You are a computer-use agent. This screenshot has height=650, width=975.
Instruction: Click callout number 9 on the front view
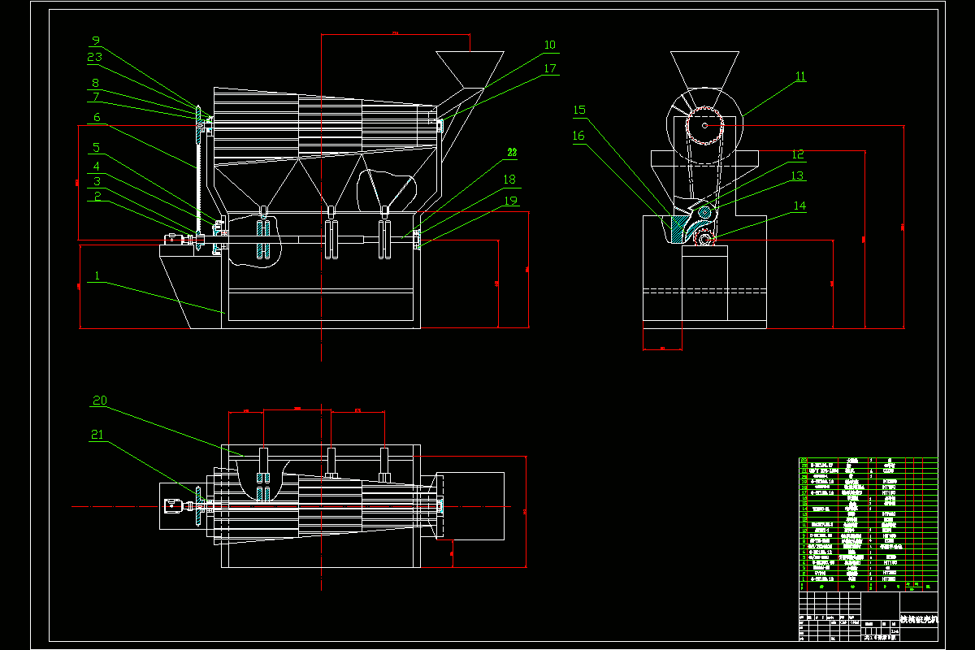pos(95,41)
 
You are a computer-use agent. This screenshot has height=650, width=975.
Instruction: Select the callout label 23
pos(95,58)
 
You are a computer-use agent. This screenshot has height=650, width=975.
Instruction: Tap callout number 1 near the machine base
pos(97,276)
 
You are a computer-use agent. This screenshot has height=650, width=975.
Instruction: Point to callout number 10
pos(550,45)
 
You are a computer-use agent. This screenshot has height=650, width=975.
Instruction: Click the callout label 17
pos(550,69)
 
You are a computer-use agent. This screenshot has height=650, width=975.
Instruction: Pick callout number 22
pos(512,152)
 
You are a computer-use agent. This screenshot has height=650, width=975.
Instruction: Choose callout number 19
pos(509,200)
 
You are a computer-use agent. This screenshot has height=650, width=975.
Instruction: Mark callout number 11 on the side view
pos(800,77)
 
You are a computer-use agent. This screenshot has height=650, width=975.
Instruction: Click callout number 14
pos(800,206)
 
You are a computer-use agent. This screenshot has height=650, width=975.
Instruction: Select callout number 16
pos(578,136)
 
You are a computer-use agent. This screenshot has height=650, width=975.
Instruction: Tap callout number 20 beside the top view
pos(99,401)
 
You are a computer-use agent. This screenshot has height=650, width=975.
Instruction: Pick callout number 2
pos(97,196)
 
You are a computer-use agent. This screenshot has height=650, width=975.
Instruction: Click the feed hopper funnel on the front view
pos(470,67)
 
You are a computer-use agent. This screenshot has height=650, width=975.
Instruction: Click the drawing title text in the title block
pos(918,620)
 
